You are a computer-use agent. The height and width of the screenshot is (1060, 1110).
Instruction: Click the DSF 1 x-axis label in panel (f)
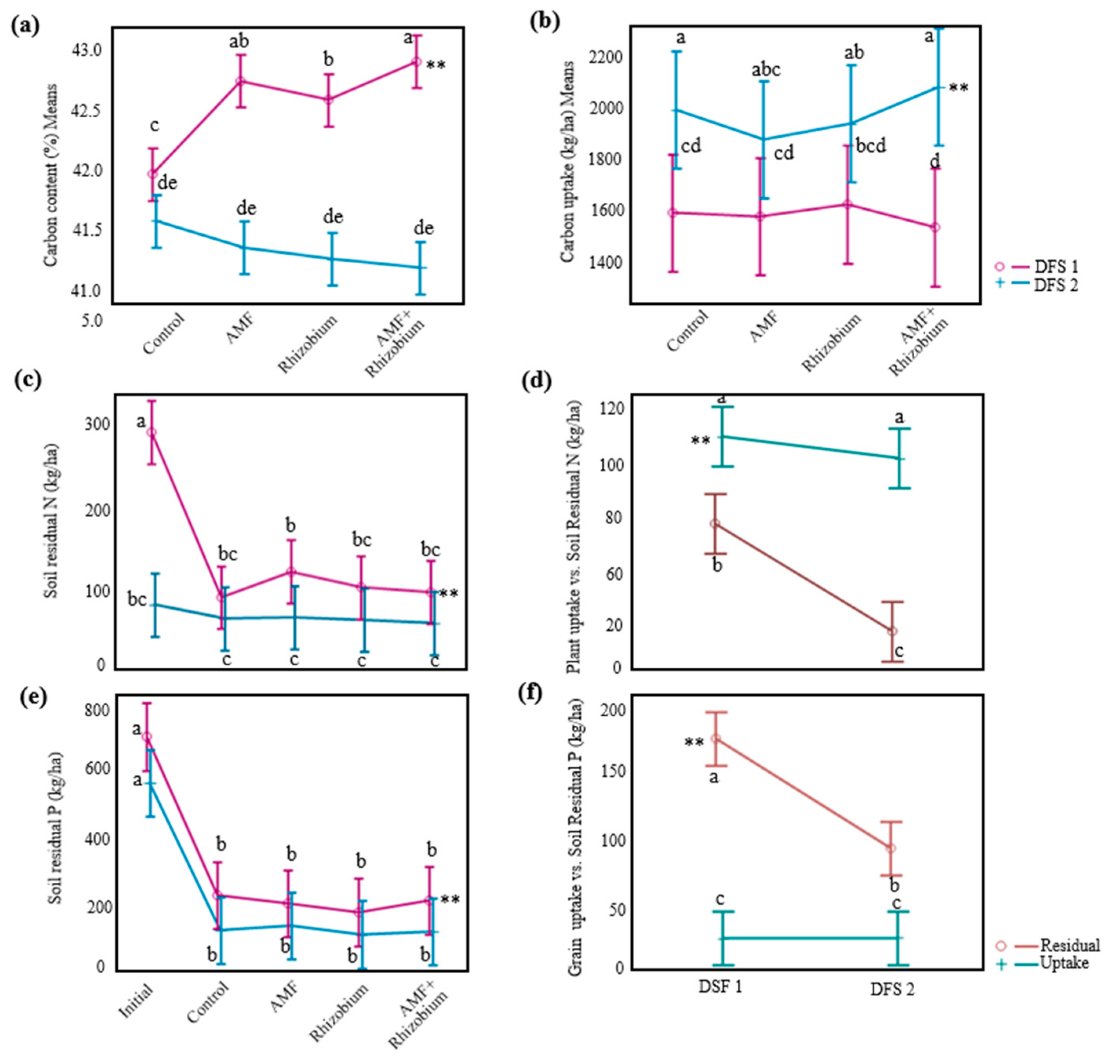tap(720, 987)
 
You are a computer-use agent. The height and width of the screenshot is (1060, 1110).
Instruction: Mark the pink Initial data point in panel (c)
tap(151, 432)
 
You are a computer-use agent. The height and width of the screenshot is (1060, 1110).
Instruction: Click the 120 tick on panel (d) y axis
tap(611, 408)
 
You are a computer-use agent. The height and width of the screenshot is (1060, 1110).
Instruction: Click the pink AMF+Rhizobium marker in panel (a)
tap(416, 61)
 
